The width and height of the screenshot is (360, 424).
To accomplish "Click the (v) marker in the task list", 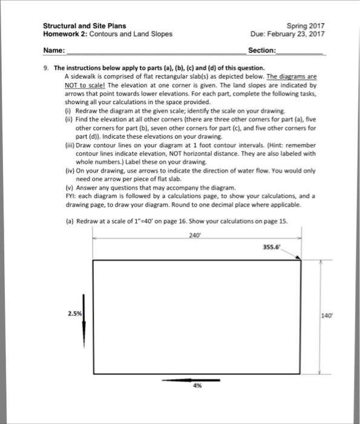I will [x=68, y=188].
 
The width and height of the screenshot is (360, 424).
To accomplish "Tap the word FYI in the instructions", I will [x=70, y=196].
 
